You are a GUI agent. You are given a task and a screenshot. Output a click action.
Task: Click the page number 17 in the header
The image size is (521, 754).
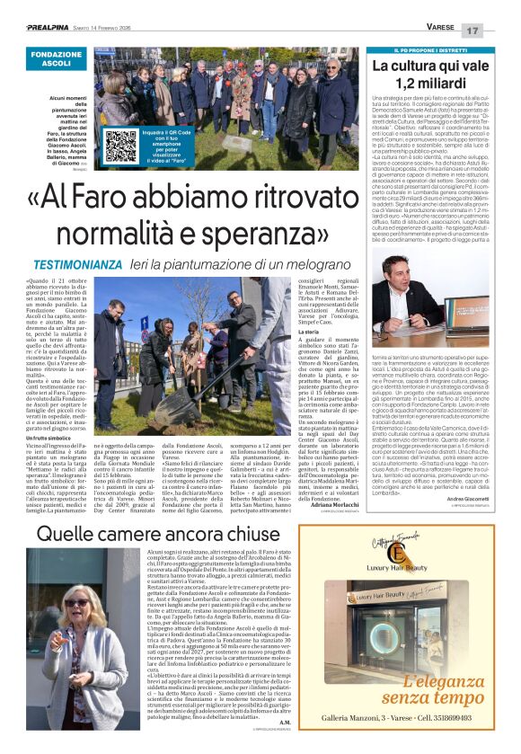498,31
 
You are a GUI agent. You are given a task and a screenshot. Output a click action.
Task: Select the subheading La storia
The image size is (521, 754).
309,331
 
